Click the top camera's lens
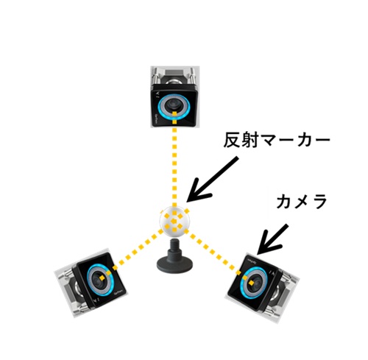pyautogui.click(x=174, y=105)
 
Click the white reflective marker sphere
pyautogui.click(x=174, y=221)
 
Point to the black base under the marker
pyautogui.click(x=174, y=264)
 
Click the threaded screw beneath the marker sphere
pyautogui.click(x=174, y=244)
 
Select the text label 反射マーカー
pyautogui.click(x=277, y=141)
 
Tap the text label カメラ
pyautogui.click(x=302, y=201)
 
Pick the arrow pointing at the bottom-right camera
pyautogui.click(x=272, y=239)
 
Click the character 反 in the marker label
pyautogui.click(x=231, y=141)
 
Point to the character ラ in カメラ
pyautogui.click(x=319, y=201)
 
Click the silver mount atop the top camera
pyautogui.click(x=174, y=75)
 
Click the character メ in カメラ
pyautogui.click(x=302, y=201)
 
